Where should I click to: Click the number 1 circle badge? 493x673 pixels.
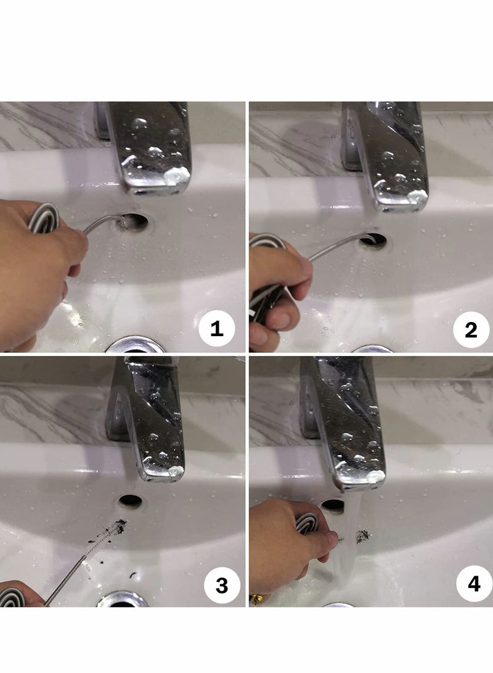(x=216, y=329)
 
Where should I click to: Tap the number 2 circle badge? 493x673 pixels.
(x=471, y=329)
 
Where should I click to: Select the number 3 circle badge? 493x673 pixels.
(x=222, y=585)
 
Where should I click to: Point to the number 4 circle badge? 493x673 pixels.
(x=474, y=584)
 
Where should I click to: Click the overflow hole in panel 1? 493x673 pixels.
(x=133, y=221)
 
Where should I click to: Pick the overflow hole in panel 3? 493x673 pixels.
(x=131, y=500)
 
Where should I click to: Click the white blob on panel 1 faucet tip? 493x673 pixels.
(x=177, y=175)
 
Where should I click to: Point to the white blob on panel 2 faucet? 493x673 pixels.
(x=417, y=196)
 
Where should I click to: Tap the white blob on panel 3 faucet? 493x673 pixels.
(x=177, y=471)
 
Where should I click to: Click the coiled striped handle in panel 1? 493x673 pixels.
(x=43, y=217)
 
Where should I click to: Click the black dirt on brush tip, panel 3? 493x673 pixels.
(x=120, y=526)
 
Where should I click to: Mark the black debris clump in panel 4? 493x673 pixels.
(x=364, y=535)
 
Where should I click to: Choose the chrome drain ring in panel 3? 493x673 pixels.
(x=122, y=599)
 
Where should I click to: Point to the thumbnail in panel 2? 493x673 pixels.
(x=280, y=321)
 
